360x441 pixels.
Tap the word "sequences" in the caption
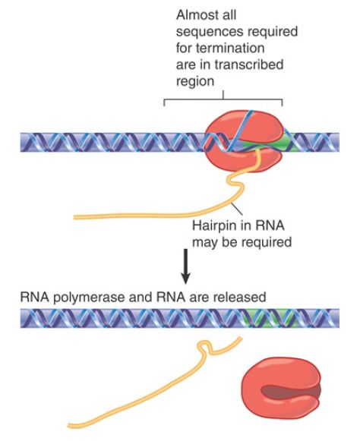click(x=206, y=32)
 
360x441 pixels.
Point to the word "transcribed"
click(x=249, y=65)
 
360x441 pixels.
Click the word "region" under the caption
click(x=195, y=81)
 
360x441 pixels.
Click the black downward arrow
click(x=185, y=266)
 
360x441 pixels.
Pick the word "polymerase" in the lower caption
click(x=89, y=298)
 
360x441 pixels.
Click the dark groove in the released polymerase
click(x=291, y=392)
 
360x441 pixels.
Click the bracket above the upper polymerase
click(x=223, y=99)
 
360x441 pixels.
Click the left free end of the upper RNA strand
click(x=74, y=217)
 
